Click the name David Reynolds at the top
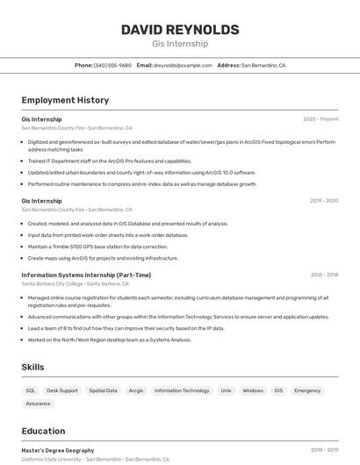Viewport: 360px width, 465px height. pos(180,30)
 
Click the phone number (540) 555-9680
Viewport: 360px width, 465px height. pos(112,65)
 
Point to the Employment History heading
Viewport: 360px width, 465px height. pos(65,100)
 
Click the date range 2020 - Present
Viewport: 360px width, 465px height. pos(320,119)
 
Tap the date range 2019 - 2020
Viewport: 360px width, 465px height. pos(324,201)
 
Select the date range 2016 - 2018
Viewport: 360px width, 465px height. pos(324,275)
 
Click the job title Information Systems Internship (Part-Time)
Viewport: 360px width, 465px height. pos(86,275)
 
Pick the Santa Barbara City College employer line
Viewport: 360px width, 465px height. pos(76,283)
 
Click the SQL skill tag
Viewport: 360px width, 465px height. pos(31,390)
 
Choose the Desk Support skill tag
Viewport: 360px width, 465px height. pos(62,390)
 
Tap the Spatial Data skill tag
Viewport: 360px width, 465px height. pos(103,390)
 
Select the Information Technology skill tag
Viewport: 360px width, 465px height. pos(182,390)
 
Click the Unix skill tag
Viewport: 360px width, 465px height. pos(226,390)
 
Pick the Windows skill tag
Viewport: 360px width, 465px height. pos(253,390)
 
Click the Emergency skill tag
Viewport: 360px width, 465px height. pos(307,390)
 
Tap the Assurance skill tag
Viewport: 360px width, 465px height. pos(38,404)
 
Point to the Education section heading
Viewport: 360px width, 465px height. pos(43,431)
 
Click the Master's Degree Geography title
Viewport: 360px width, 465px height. pos(58,450)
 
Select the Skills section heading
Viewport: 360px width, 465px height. pos(32,367)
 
